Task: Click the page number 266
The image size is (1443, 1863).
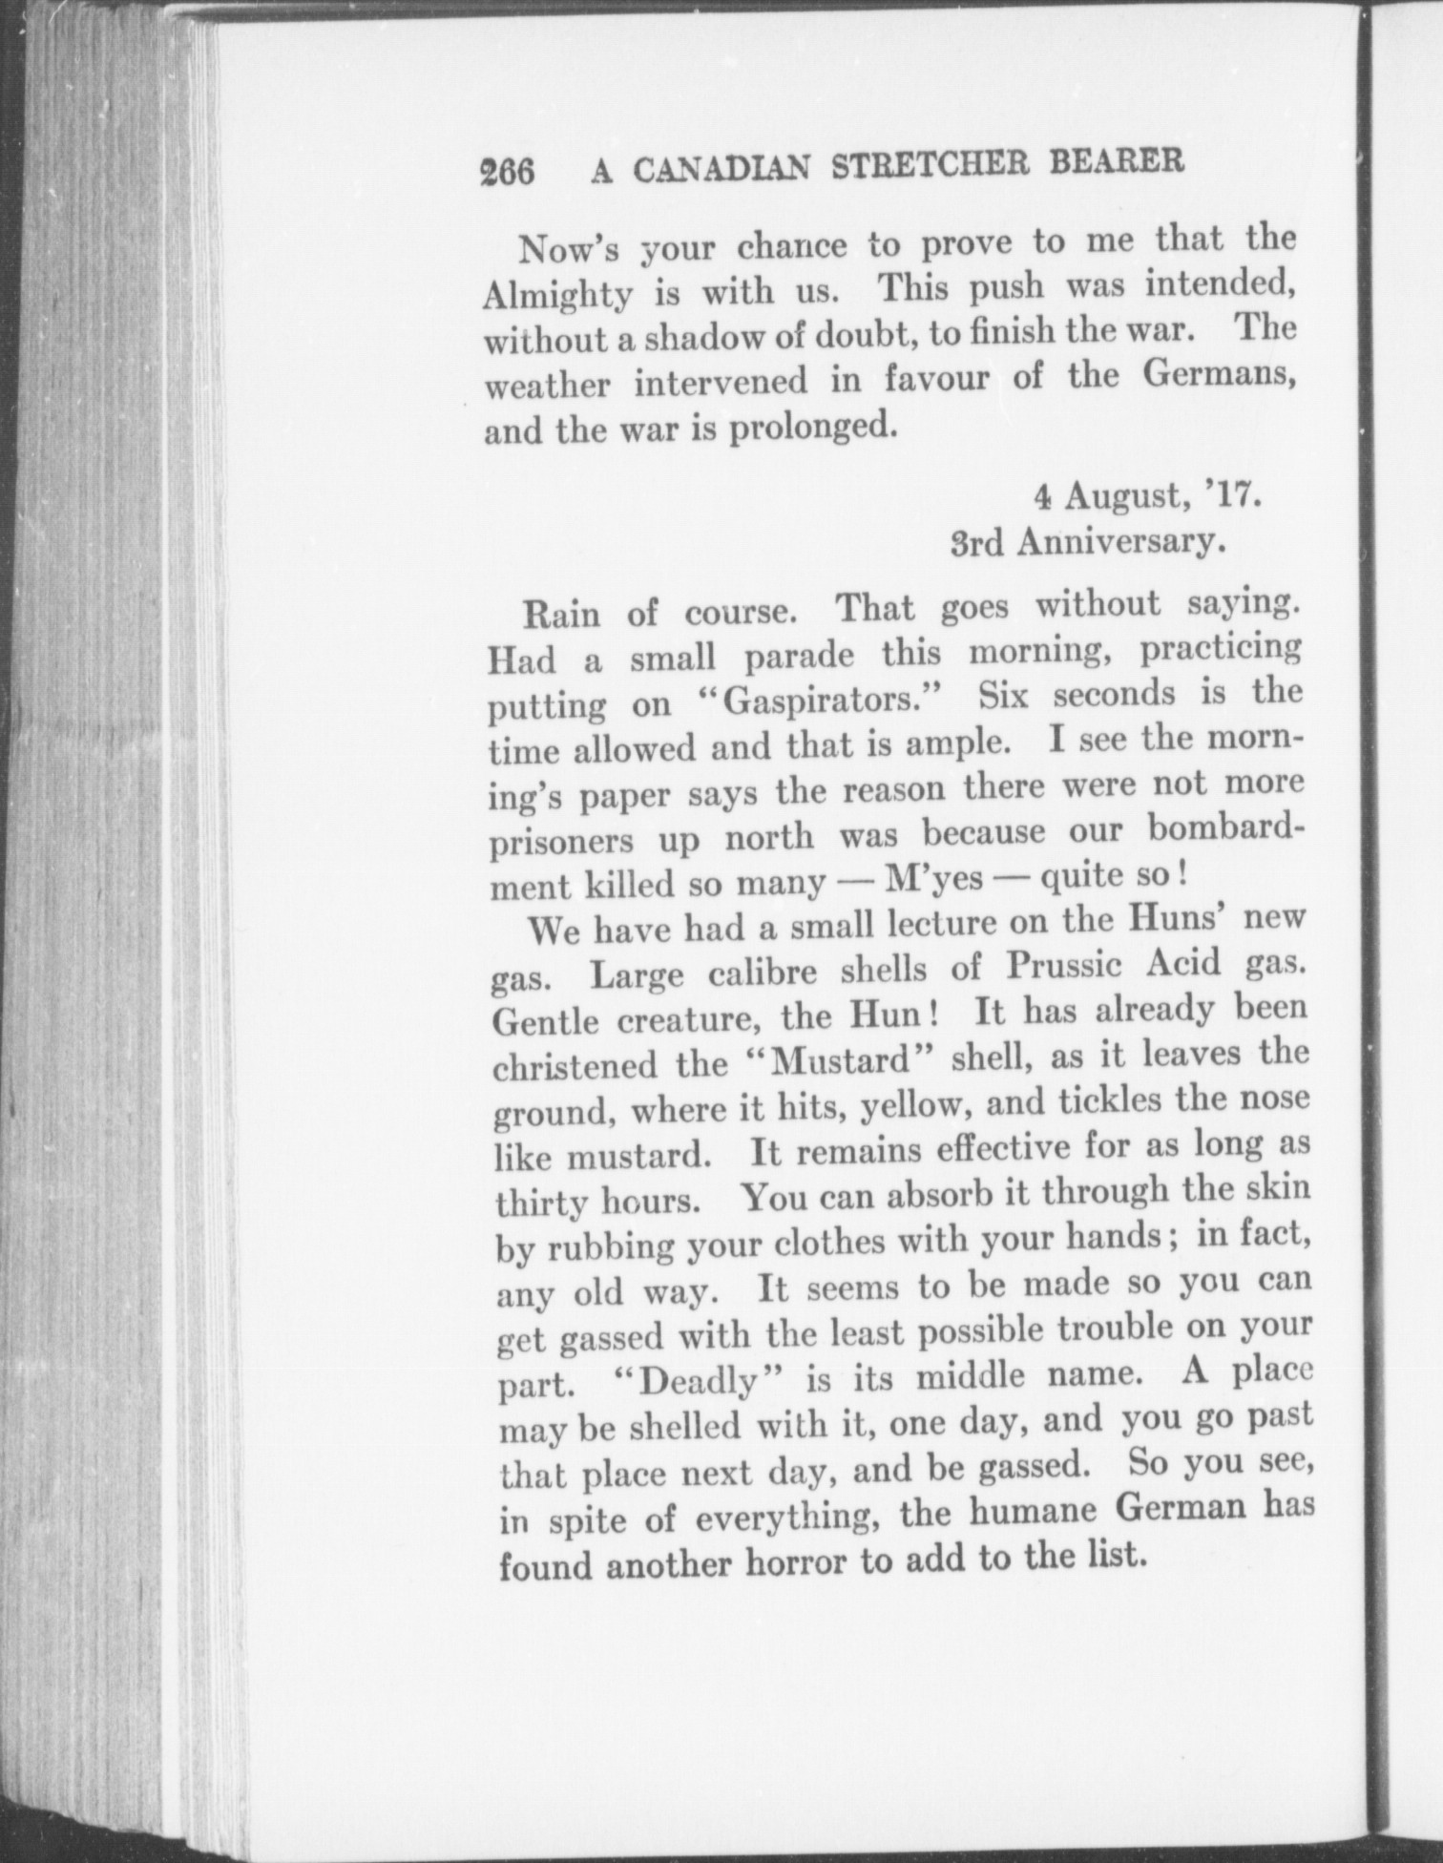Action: [x=507, y=172]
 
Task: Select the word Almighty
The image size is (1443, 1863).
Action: [x=557, y=294]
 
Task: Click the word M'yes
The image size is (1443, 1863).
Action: [x=934, y=878]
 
